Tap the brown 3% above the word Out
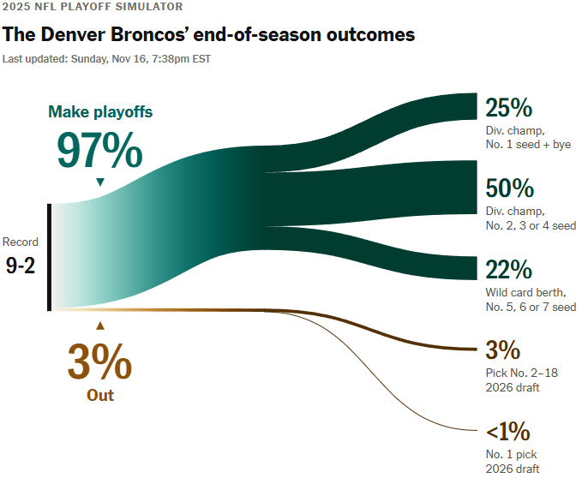click(99, 362)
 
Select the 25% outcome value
click(509, 108)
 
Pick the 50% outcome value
click(509, 188)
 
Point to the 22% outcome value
click(508, 270)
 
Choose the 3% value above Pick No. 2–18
click(502, 350)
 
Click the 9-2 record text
click(21, 266)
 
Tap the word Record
click(21, 242)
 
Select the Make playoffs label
click(100, 111)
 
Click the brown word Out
click(99, 396)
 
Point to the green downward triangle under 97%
click(100, 182)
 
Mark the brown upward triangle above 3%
click(100, 326)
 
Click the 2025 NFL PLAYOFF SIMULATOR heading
click(93, 8)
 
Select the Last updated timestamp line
click(106, 59)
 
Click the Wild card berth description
click(525, 292)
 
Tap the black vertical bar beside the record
click(51, 257)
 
